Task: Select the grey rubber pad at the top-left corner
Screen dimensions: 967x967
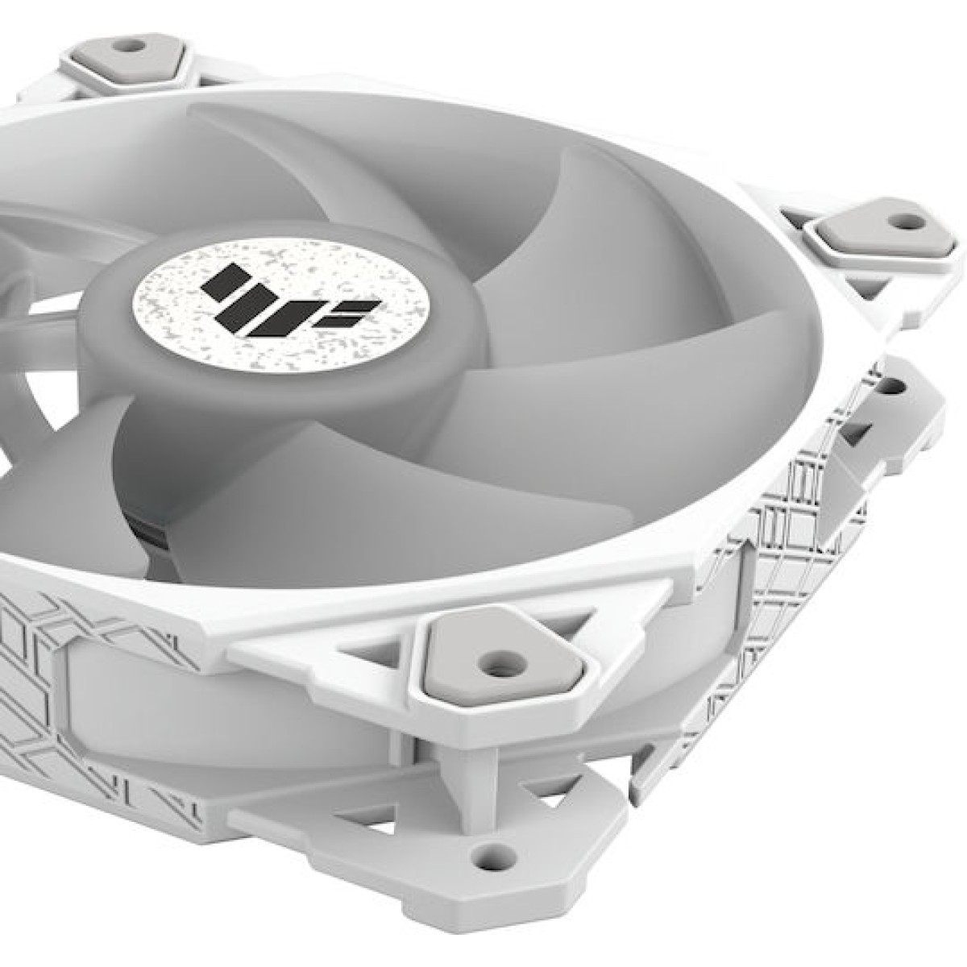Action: pyautogui.click(x=125, y=53)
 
